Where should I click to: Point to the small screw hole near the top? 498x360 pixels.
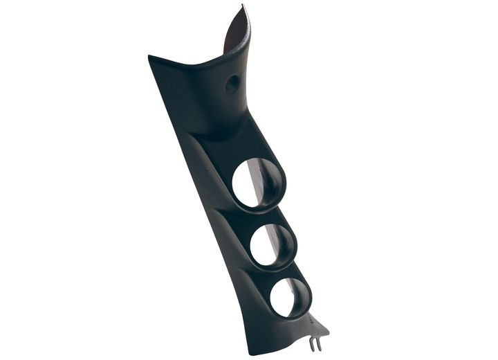(x=232, y=83)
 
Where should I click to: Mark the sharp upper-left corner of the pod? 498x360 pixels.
(x=150, y=57)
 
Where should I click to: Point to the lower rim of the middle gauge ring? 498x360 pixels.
(x=275, y=269)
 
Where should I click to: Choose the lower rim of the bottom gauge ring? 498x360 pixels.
(x=290, y=318)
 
